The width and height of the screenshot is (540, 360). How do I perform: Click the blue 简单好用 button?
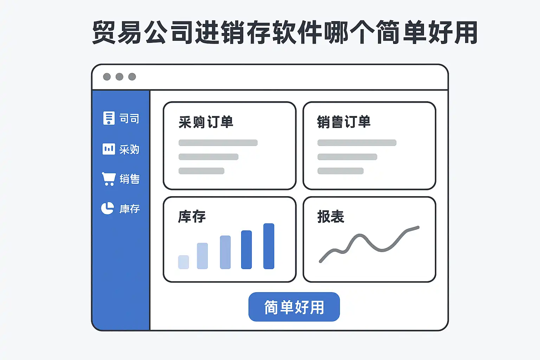click(294, 307)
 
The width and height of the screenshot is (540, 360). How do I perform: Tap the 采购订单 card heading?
click(206, 122)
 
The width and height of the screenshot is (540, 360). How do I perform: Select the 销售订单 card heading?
click(343, 122)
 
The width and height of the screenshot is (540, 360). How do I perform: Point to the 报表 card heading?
click(330, 217)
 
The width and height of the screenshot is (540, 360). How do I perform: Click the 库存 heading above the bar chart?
click(192, 217)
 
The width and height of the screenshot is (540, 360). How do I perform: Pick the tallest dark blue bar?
click(269, 246)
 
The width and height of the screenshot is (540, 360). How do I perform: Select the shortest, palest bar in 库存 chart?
click(184, 262)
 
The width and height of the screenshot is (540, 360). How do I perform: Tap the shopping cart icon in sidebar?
click(109, 179)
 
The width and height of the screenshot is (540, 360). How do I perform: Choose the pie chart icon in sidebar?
click(108, 208)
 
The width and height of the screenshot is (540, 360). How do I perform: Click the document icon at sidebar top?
click(109, 118)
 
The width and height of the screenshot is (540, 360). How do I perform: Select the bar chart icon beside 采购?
click(109, 149)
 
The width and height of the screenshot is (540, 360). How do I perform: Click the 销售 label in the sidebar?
click(129, 179)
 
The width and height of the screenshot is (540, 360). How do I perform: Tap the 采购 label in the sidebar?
click(129, 149)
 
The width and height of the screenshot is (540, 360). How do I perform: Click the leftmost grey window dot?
click(107, 77)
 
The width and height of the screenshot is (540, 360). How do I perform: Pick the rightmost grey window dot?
click(132, 77)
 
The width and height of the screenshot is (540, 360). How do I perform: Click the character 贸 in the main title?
click(104, 32)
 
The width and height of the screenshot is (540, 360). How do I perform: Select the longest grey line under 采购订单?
click(218, 143)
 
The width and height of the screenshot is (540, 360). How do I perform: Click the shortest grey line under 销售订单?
click(340, 171)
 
